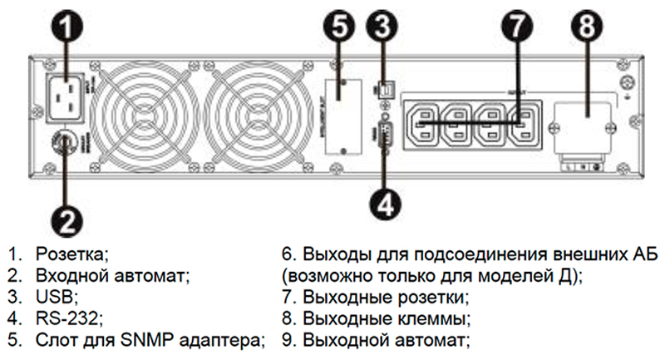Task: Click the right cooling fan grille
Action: (x=250, y=113)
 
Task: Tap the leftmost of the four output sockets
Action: (x=424, y=124)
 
